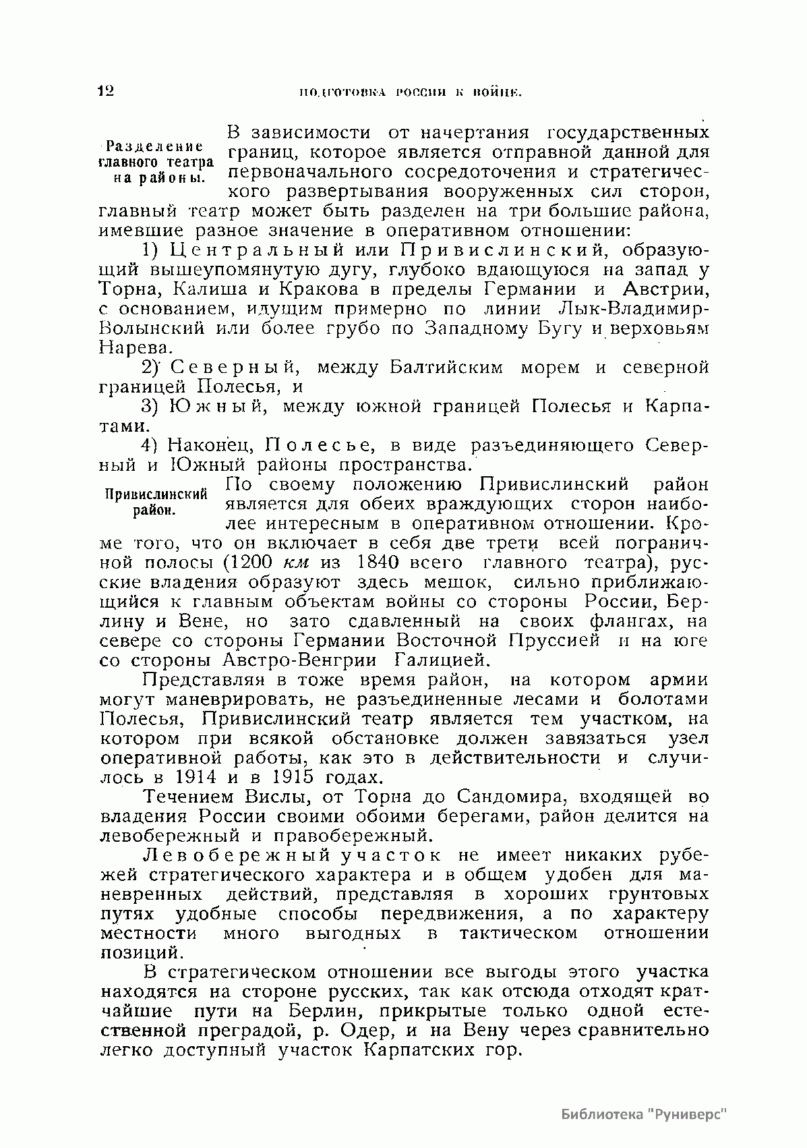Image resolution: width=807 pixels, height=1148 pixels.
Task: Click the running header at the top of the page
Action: [x=411, y=92]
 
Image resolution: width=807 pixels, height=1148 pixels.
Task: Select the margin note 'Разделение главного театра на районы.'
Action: [x=156, y=163]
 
